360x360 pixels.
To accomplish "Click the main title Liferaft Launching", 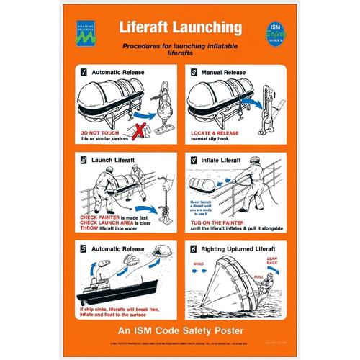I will (180, 28).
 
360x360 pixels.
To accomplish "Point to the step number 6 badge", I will (194, 249).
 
